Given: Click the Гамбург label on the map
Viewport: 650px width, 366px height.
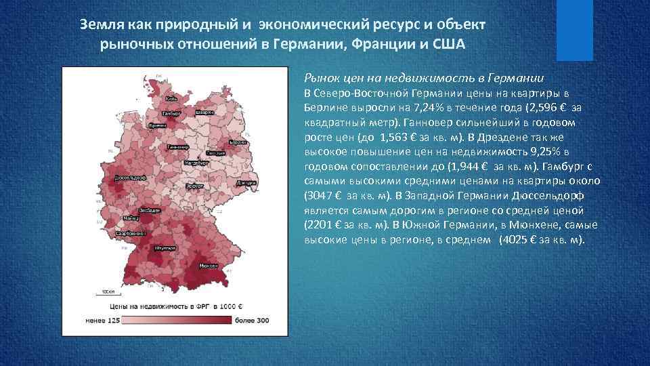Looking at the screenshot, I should pos(171,113).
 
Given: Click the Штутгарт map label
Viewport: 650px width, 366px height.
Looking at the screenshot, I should pos(165,248).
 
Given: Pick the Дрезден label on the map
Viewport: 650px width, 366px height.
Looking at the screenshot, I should pos(246,183).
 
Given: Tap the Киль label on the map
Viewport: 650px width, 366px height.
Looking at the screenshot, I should pos(171,99).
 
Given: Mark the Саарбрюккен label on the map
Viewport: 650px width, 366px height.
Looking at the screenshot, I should pos(128,233).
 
